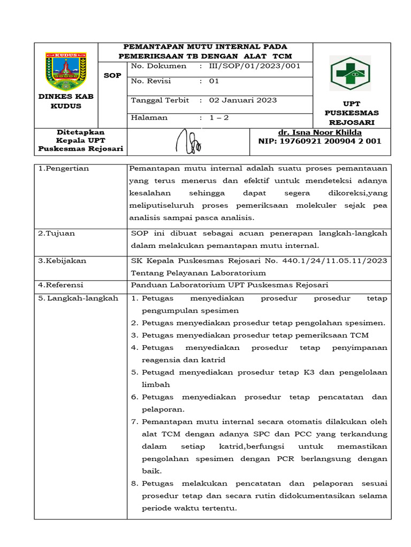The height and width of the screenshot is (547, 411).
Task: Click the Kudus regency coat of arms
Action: tap(66, 71)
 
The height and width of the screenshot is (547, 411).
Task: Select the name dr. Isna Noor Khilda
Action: tap(320, 132)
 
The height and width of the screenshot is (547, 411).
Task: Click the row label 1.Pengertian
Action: tap(64, 168)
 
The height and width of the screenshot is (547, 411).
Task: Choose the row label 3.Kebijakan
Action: tap(62, 261)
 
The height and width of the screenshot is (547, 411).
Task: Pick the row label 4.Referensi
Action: tap(60, 285)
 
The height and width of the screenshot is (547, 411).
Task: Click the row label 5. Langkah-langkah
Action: tap(78, 298)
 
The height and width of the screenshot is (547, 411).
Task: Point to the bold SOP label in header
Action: tap(112, 75)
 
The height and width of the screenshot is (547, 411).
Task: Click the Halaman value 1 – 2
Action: tap(218, 118)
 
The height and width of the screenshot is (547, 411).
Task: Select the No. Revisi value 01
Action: tap(214, 82)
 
